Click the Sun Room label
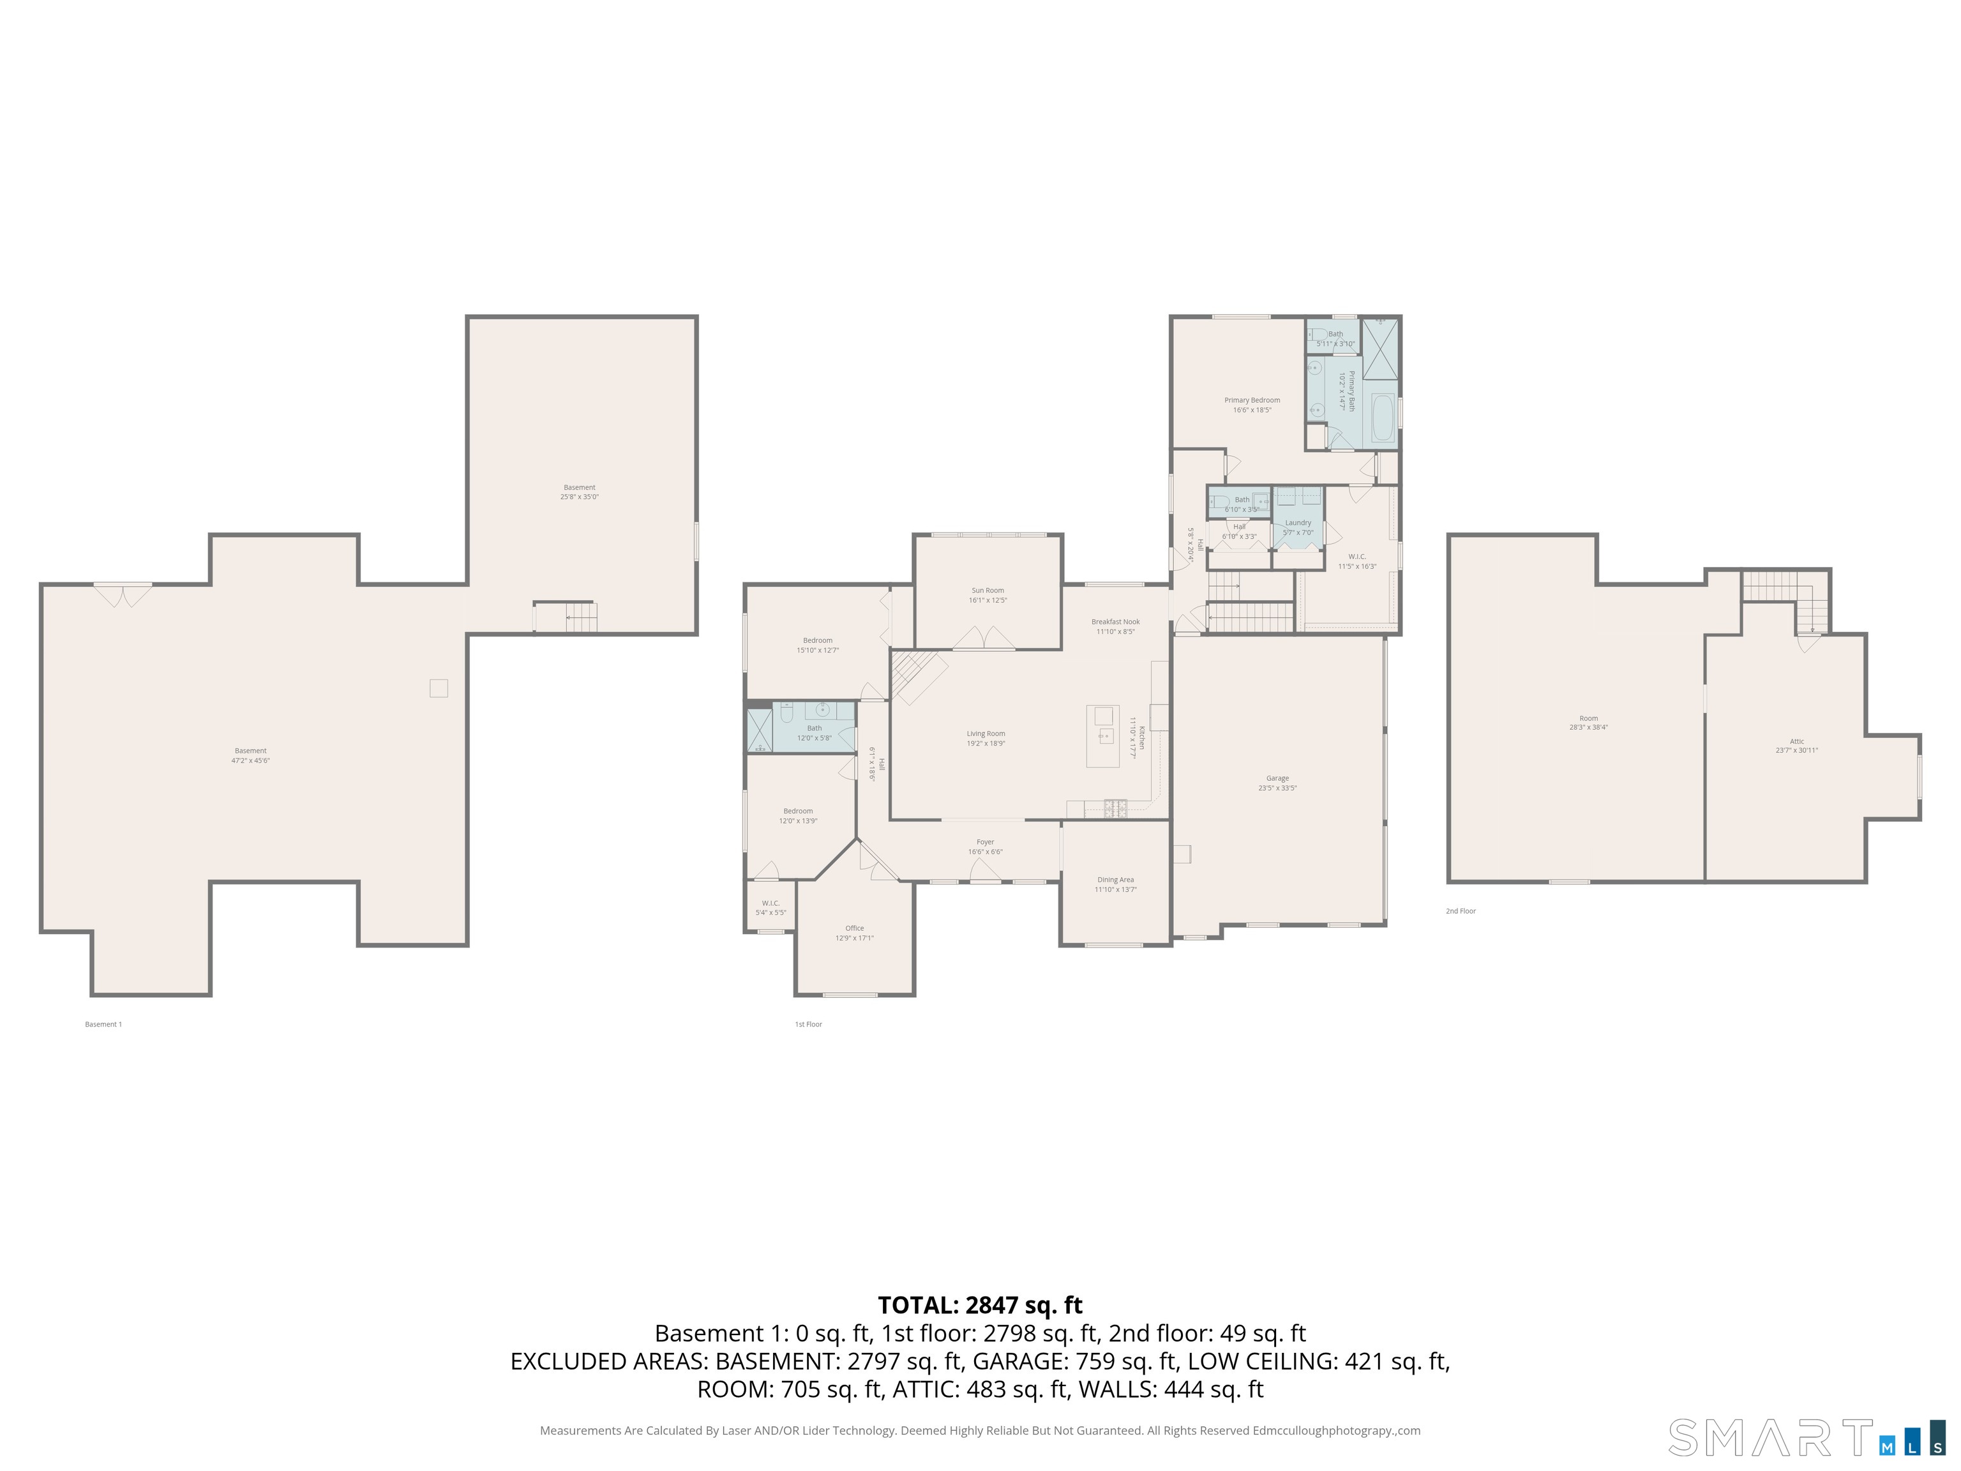[x=987, y=591]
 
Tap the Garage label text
[x=1277, y=778]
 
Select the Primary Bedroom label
[x=1252, y=401]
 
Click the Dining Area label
[x=1115, y=880]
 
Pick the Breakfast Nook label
[x=1115, y=622]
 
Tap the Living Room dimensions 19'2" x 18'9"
[x=986, y=744]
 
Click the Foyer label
[x=985, y=842]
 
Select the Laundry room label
[x=1297, y=523]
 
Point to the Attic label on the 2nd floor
[x=1796, y=741]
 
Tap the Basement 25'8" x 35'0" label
[x=579, y=492]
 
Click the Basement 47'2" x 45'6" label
[x=250, y=755]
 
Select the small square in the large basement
[x=438, y=688]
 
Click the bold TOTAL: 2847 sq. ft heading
[x=980, y=1305]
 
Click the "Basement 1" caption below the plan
[x=103, y=1024]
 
